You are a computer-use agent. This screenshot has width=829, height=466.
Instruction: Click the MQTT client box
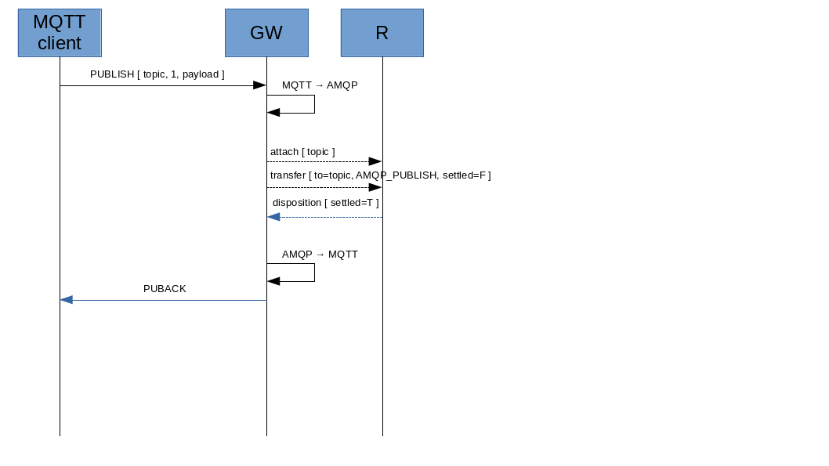pos(60,33)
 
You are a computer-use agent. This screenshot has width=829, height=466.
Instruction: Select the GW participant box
pos(266,33)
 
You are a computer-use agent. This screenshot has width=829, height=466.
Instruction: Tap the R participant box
pos(382,33)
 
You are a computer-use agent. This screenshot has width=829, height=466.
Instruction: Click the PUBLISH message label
pos(157,74)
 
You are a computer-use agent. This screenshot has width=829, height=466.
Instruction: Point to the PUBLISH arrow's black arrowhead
pos(259,85)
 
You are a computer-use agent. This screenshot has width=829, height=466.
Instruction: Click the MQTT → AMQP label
pos(320,85)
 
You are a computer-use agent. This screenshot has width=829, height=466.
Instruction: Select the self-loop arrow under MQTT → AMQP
pos(313,104)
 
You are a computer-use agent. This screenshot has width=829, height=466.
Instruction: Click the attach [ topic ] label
pos(302,151)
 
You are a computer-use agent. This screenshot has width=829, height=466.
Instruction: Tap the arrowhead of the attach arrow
pos(375,161)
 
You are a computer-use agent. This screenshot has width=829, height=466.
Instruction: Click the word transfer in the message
pos(288,175)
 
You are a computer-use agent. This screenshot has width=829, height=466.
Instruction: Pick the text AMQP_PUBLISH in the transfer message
pos(396,175)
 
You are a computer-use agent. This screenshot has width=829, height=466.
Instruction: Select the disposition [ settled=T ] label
pos(325,203)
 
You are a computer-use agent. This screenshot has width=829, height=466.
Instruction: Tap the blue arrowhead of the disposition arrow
pos(273,217)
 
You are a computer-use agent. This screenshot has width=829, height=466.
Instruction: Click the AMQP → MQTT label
pos(320,255)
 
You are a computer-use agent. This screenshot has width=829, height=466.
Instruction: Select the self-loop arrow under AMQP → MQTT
pos(313,273)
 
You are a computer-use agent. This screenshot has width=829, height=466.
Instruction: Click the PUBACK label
pos(165,289)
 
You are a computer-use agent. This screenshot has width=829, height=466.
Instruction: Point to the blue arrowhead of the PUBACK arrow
pos(67,300)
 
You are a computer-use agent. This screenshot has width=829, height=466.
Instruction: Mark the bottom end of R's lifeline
pos(382,435)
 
